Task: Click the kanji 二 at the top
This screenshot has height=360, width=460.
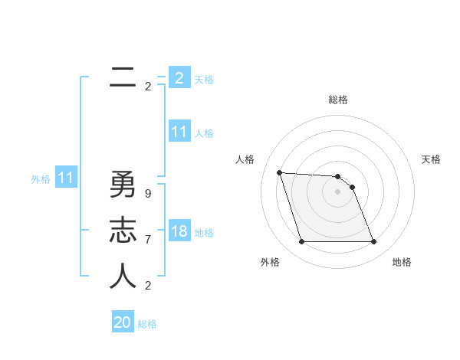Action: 123,77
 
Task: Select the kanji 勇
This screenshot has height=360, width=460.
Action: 123,185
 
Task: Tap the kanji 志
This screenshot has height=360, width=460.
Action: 123,231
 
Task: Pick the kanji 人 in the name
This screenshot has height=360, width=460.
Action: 123,277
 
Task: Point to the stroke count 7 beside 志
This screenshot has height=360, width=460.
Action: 148,239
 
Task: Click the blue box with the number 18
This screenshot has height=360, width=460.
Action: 179,231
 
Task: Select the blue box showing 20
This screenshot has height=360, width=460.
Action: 123,322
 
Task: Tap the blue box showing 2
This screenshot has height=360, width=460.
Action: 179,77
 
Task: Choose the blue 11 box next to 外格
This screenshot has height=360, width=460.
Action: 66,178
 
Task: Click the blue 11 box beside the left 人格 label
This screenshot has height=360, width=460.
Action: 179,132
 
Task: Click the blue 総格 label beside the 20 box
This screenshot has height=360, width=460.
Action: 148,324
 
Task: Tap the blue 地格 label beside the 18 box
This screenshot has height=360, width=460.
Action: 205,233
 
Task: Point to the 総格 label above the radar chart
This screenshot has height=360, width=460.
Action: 338,100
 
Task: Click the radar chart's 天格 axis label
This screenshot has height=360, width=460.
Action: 432,159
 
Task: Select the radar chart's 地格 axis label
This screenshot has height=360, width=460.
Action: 402,262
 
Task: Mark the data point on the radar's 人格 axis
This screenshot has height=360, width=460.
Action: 279,172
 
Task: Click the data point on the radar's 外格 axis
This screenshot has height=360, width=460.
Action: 301,242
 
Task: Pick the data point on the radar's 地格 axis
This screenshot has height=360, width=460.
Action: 373,242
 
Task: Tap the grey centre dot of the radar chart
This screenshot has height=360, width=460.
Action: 338,192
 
